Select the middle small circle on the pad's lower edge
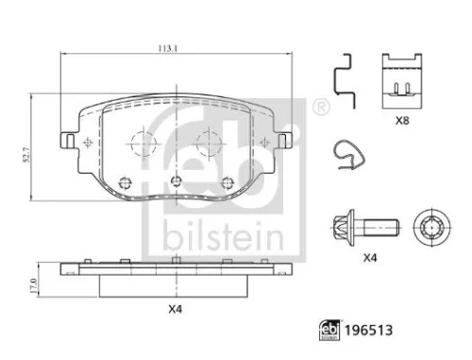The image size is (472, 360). (174, 182)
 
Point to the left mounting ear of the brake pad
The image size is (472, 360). (68, 142)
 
